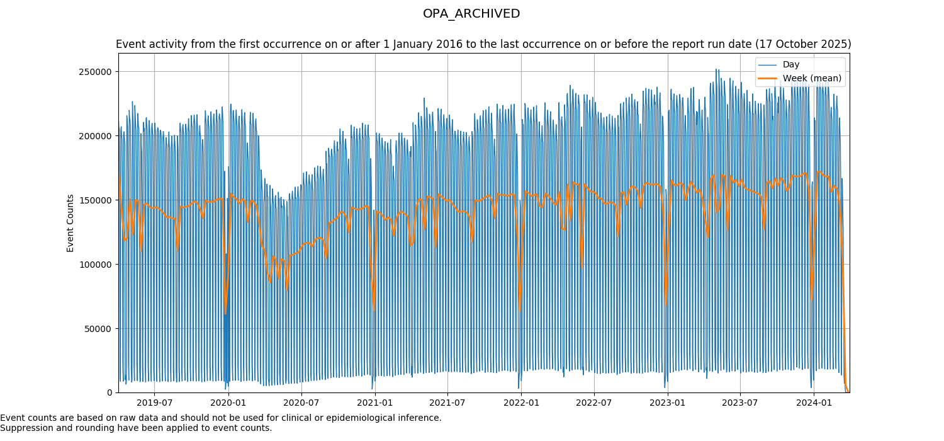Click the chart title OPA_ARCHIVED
pyautogui.click(x=471, y=14)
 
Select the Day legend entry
pyautogui.click(x=791, y=64)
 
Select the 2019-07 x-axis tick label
pyautogui.click(x=154, y=403)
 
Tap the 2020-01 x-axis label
pyautogui.click(x=228, y=403)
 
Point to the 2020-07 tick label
pyautogui.click(x=301, y=403)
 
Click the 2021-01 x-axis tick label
pyautogui.click(x=375, y=403)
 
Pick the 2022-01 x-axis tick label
pyautogui.click(x=522, y=403)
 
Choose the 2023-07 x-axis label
pyautogui.click(x=740, y=403)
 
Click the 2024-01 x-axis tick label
pyautogui.click(x=814, y=403)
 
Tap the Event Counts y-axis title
pyautogui.click(x=70, y=223)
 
